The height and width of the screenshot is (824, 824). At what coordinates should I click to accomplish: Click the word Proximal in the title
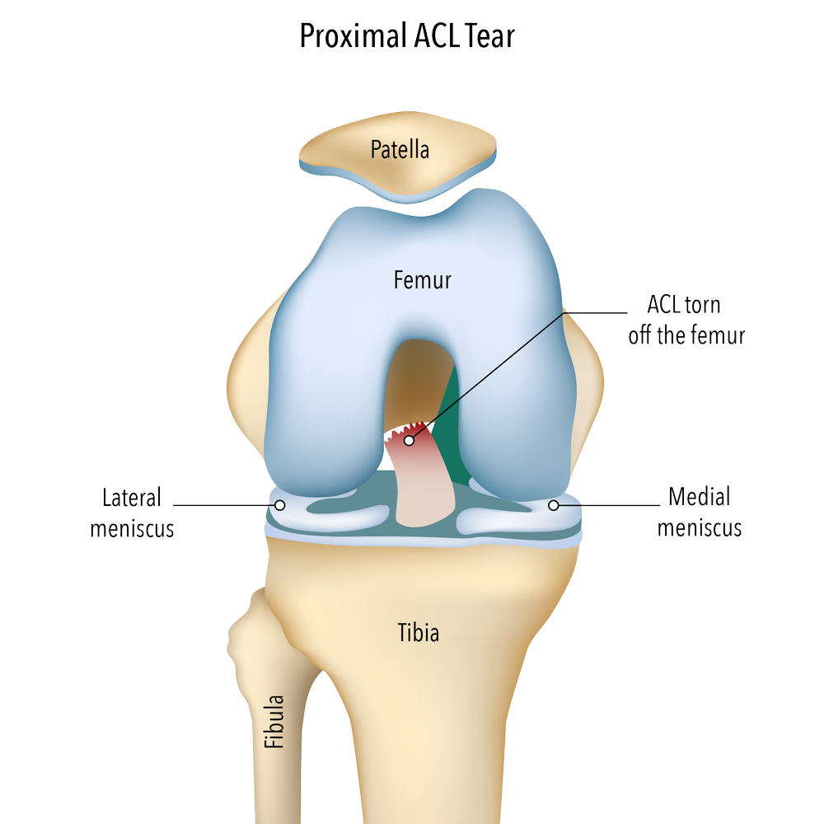353,36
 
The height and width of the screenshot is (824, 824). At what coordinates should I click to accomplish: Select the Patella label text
400,150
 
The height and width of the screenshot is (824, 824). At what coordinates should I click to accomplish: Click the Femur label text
423,280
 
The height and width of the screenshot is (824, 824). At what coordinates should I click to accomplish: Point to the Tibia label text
419,632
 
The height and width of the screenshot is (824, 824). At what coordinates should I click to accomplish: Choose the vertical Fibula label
274,721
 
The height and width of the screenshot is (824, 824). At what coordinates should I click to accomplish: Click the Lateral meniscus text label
132,513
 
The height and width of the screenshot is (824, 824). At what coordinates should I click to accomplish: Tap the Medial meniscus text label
700,512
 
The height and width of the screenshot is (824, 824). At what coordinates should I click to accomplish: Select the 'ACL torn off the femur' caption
686,320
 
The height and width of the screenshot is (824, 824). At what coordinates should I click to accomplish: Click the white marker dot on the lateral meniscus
280,505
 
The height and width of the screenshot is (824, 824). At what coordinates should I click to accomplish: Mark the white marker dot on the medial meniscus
554,505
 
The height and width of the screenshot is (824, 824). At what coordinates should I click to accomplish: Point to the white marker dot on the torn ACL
409,440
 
